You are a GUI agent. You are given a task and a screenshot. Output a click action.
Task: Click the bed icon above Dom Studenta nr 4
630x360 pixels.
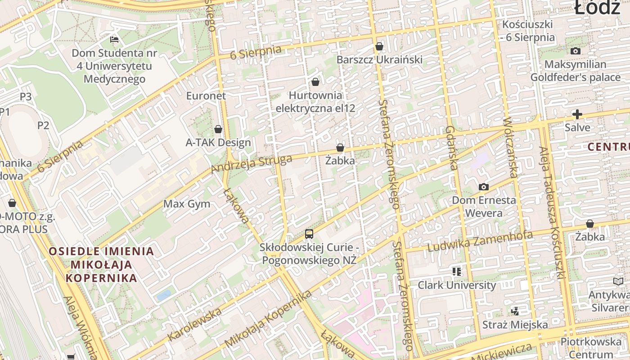tap(114, 40)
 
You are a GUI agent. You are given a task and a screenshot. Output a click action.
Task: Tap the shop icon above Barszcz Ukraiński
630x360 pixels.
tap(379, 46)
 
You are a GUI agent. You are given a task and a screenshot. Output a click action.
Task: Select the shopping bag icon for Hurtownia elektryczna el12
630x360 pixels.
tap(315, 82)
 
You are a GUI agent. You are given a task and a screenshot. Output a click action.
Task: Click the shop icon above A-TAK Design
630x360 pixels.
tap(218, 129)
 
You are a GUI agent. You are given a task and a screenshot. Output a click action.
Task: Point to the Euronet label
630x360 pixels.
tap(206, 96)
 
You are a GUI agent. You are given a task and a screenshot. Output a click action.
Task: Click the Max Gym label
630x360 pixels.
tap(187, 204)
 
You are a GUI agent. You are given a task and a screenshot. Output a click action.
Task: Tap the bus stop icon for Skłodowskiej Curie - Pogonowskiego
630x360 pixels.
tap(309, 234)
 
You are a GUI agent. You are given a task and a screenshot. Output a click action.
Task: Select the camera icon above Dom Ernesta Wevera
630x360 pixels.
tap(484, 187)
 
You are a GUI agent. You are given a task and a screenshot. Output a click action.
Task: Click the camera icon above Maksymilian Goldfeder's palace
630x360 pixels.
tap(575, 51)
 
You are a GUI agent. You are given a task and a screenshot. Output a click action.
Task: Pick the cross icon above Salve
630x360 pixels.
tap(577, 114)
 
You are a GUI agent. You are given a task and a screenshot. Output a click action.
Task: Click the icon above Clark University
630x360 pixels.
tap(457, 271)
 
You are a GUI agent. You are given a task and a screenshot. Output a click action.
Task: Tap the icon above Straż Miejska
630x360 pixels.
tap(515, 311)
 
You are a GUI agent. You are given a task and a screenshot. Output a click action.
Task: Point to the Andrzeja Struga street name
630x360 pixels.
tap(252, 164)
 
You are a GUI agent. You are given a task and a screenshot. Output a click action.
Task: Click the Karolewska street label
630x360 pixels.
tap(194, 324)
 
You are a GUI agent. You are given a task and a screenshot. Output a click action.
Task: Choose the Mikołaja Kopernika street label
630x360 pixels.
tap(268, 319)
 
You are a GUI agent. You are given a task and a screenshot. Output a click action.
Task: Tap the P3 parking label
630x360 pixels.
tap(26, 97)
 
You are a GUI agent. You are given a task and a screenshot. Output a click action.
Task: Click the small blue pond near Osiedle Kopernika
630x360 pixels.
tap(164, 296)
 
